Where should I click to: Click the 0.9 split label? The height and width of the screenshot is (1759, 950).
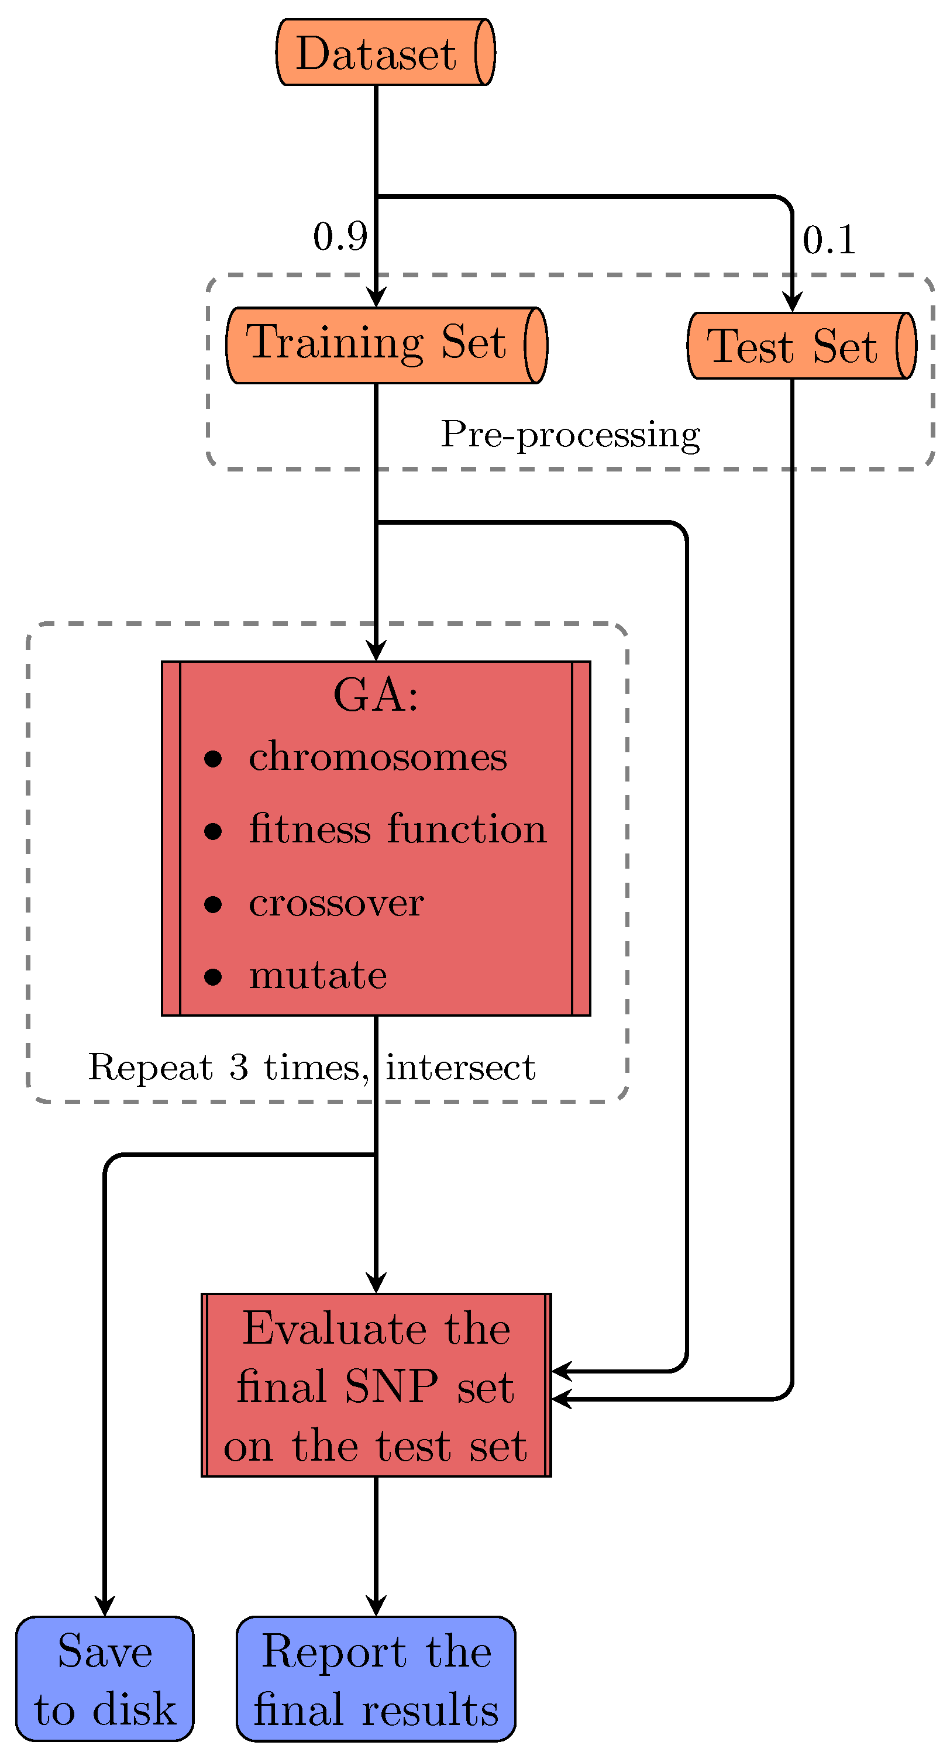340,237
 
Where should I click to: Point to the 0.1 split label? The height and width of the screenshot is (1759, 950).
828,240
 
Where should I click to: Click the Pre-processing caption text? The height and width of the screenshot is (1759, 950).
570,434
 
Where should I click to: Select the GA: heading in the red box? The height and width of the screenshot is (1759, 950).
376,695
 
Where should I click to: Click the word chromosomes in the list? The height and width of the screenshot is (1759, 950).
378,758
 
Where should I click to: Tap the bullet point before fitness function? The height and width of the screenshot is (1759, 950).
213,831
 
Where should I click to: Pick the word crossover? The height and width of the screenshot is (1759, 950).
336,903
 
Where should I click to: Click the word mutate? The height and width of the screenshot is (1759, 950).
318,975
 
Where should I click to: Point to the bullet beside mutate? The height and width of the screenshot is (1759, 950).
213,977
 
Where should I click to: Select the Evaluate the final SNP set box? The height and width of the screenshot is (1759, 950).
376,1386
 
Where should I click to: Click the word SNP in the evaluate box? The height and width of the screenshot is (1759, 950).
391,1388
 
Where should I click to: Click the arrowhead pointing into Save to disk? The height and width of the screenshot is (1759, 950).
105,1606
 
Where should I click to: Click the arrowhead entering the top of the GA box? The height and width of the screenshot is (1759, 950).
376,650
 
